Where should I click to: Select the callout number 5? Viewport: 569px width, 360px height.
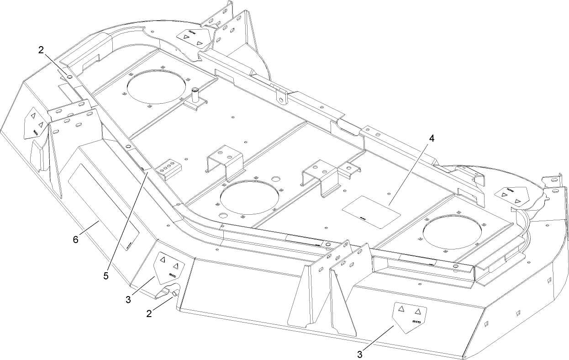click(106, 276)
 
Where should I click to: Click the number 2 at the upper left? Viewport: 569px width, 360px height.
click(41, 51)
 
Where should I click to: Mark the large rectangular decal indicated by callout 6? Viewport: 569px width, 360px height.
click(103, 206)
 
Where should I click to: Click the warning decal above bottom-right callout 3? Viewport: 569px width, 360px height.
click(409, 315)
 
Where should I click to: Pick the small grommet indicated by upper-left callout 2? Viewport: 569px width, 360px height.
click(69, 78)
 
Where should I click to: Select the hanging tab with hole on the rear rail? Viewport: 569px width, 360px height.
click(282, 96)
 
